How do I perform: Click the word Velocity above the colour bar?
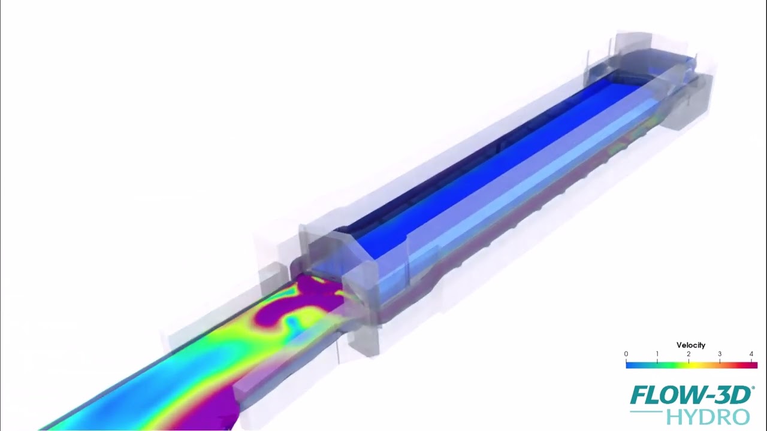[691, 345]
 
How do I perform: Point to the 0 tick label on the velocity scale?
[626, 354]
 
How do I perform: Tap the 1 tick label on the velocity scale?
[657, 354]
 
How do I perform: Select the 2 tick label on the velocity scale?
[689, 354]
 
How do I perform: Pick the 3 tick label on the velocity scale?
[720, 354]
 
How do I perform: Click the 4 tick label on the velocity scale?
[751, 354]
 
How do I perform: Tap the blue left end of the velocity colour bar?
[630, 365]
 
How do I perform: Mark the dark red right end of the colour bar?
[753, 365]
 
